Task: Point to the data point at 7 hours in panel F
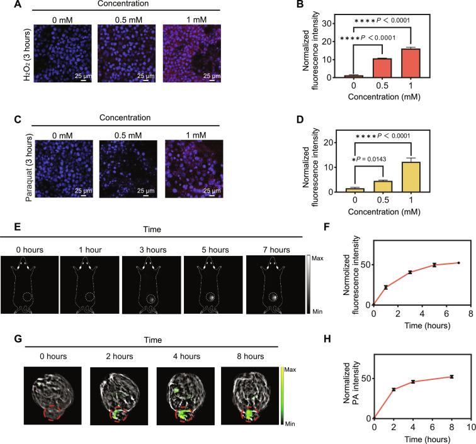(x=458, y=263)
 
